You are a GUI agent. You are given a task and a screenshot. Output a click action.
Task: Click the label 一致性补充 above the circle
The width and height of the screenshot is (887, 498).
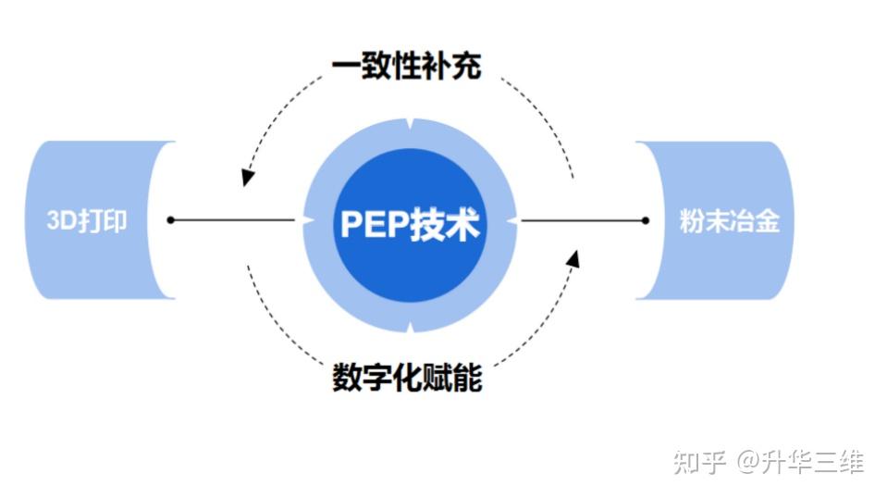pos(407,66)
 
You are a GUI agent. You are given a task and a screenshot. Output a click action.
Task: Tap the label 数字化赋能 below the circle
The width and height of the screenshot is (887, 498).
pos(407,378)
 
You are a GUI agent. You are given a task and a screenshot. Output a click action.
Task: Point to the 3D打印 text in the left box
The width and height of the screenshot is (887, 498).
pos(87,222)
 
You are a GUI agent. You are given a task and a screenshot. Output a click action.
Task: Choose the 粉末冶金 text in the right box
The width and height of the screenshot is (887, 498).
pos(730,222)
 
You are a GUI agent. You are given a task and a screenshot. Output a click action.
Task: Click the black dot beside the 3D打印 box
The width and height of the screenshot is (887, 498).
pos(170,220)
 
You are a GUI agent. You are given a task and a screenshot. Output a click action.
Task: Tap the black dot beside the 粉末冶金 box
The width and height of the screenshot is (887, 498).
pos(645,220)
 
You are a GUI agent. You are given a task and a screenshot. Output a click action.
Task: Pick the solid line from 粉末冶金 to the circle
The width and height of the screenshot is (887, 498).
pos(583,220)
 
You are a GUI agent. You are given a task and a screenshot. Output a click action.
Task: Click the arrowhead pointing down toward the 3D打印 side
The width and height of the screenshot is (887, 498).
pos(246,176)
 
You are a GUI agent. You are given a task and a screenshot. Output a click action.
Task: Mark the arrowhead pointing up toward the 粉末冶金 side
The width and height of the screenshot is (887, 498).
pos(573,258)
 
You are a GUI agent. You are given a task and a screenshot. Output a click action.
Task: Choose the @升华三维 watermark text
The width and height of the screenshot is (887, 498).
pos(800,460)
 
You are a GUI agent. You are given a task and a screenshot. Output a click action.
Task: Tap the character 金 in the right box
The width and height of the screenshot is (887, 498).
pos(768,222)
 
